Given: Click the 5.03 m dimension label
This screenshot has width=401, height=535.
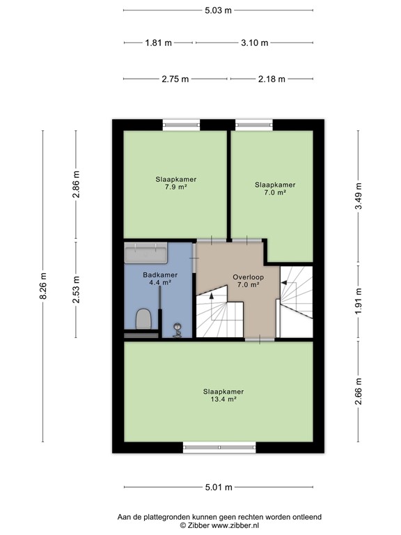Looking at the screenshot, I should tap(218, 10).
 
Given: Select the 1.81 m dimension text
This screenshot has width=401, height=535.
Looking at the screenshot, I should tap(158, 42).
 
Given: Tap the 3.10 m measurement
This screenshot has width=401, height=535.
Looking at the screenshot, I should tap(254, 42).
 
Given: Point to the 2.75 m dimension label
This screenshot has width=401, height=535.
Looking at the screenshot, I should tap(175, 79).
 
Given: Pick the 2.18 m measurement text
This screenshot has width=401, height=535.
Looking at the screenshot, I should tap(272, 79).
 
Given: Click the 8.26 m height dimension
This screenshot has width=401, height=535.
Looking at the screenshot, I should tap(42, 286).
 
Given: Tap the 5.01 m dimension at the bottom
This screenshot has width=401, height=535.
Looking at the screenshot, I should tap(218, 488).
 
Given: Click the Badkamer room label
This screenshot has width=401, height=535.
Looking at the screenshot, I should tap(160, 274).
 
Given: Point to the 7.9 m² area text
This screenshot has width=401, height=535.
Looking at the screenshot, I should tap(175, 187).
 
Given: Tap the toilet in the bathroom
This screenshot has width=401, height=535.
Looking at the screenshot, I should tap(144, 319).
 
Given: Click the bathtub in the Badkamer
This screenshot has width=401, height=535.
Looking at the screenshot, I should tap(146, 252).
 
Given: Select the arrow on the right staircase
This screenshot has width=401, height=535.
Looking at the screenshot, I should tap(284, 282).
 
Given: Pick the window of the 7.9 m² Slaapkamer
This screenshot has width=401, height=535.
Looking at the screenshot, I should tap(182, 125).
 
